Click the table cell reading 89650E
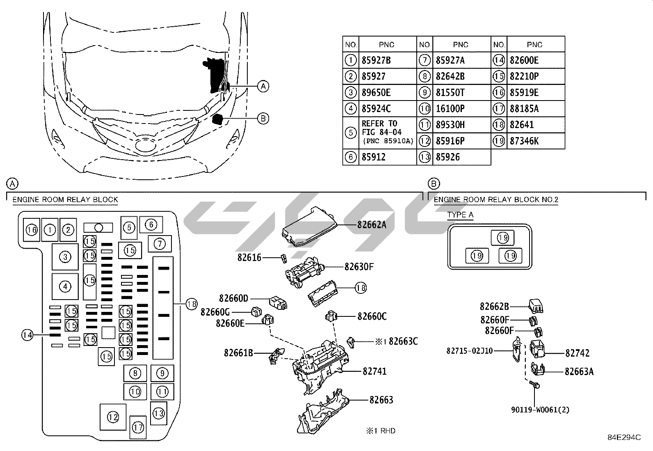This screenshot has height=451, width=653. (376, 93)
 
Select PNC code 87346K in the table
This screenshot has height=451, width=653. (524, 141)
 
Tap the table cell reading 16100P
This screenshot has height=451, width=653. (450, 109)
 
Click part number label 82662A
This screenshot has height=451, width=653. (372, 224)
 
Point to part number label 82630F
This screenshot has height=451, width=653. (359, 267)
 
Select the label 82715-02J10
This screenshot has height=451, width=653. (470, 351)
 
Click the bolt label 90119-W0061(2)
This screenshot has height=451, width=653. (540, 410)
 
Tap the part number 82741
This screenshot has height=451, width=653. (374, 371)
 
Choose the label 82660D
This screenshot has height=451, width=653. (233, 298)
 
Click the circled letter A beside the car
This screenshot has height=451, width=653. (263, 86)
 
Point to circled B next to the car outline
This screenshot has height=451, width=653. (263, 119)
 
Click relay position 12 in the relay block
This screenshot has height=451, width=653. (113, 417)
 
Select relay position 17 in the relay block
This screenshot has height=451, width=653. (138, 427)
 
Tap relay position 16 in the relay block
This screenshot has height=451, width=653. (32, 230)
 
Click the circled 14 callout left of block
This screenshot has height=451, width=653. (27, 335)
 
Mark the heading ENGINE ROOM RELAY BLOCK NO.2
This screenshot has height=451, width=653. (496, 200)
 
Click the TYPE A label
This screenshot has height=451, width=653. (460, 215)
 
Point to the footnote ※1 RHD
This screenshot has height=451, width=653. (381, 430)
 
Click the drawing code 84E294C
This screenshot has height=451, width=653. (624, 437)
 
